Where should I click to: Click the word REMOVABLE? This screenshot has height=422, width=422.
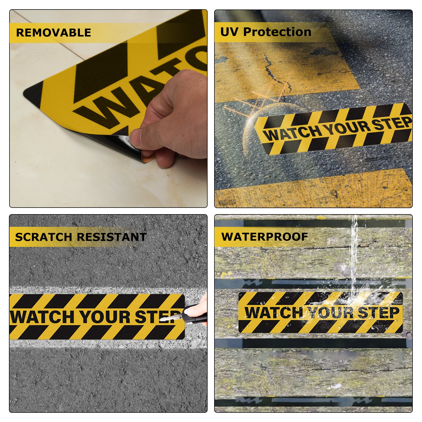point(54,33)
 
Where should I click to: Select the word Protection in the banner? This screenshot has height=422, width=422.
point(277,32)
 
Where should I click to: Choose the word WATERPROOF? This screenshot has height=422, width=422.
point(265,237)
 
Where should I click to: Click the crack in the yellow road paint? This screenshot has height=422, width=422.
point(277,74)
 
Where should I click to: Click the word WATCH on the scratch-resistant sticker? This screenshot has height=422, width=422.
point(42,316)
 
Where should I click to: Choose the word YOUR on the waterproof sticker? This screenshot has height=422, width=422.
point(331,313)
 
